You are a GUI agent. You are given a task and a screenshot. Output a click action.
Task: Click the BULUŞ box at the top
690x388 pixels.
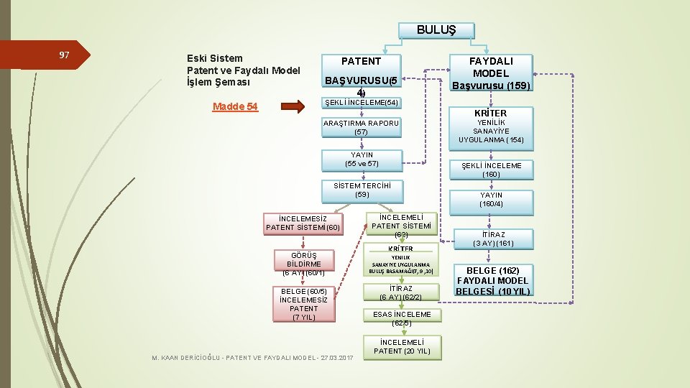tap(436, 30)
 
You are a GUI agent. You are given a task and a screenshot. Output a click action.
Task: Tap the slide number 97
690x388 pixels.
tap(64, 55)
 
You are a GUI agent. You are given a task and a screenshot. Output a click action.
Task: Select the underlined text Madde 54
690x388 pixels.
tap(235, 107)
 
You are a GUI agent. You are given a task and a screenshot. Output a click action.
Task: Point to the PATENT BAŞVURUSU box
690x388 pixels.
tap(361, 75)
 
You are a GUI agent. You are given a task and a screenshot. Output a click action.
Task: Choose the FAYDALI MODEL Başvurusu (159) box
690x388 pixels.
tap(492, 73)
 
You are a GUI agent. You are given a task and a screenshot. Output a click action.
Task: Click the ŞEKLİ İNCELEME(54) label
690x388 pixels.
tap(361, 103)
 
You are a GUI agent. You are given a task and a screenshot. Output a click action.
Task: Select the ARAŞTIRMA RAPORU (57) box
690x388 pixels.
tap(361, 127)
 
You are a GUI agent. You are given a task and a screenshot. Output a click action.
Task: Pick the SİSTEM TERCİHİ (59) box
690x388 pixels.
tap(362, 190)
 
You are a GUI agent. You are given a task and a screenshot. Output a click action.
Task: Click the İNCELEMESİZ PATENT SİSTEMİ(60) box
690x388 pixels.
tap(303, 223)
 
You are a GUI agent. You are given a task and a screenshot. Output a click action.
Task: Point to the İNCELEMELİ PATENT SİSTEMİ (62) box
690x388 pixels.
tap(401, 226)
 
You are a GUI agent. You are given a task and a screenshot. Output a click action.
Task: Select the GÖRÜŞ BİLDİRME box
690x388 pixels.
tap(304, 264)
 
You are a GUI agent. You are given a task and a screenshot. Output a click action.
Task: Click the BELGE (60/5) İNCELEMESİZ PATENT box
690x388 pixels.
tap(303, 303)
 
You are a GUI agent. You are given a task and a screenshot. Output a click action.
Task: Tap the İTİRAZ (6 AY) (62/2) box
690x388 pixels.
tap(400, 292)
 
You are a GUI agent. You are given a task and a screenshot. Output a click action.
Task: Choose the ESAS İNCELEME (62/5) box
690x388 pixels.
tap(402, 318)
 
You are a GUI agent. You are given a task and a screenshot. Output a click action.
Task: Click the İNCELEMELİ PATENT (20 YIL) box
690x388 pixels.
tap(402, 347)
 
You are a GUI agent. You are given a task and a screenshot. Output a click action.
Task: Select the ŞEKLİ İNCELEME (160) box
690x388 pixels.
tap(492, 170)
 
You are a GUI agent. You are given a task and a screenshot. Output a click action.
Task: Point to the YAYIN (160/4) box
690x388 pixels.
tap(492, 200)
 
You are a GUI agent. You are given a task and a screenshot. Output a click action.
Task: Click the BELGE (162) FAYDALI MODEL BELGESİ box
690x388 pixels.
tap(493, 280)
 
